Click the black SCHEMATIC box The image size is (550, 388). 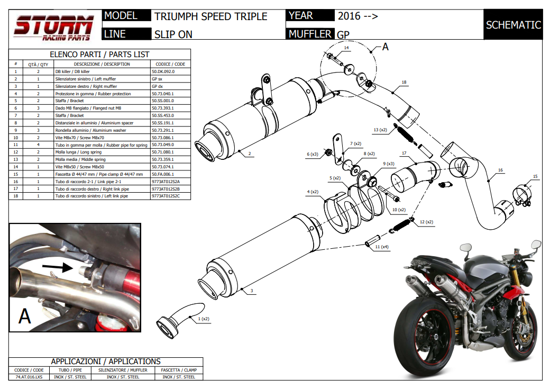click(513, 25)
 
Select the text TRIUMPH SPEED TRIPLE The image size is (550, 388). click(210, 16)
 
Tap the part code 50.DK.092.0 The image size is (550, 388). click(163, 71)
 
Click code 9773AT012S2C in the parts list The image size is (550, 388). click(166, 196)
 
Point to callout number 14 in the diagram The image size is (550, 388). click(346, 48)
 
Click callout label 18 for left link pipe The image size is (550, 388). click(404, 83)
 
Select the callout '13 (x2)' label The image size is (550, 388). click(380, 130)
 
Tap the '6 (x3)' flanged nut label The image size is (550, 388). click(313, 154)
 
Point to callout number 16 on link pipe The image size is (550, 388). click(500, 170)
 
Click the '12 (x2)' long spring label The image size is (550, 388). click(426, 222)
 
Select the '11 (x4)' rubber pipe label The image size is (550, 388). click(381, 247)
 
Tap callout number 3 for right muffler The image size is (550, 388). click(252, 291)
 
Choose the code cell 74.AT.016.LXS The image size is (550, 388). click(29, 377)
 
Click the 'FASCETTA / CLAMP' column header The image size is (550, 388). click(177, 370)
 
